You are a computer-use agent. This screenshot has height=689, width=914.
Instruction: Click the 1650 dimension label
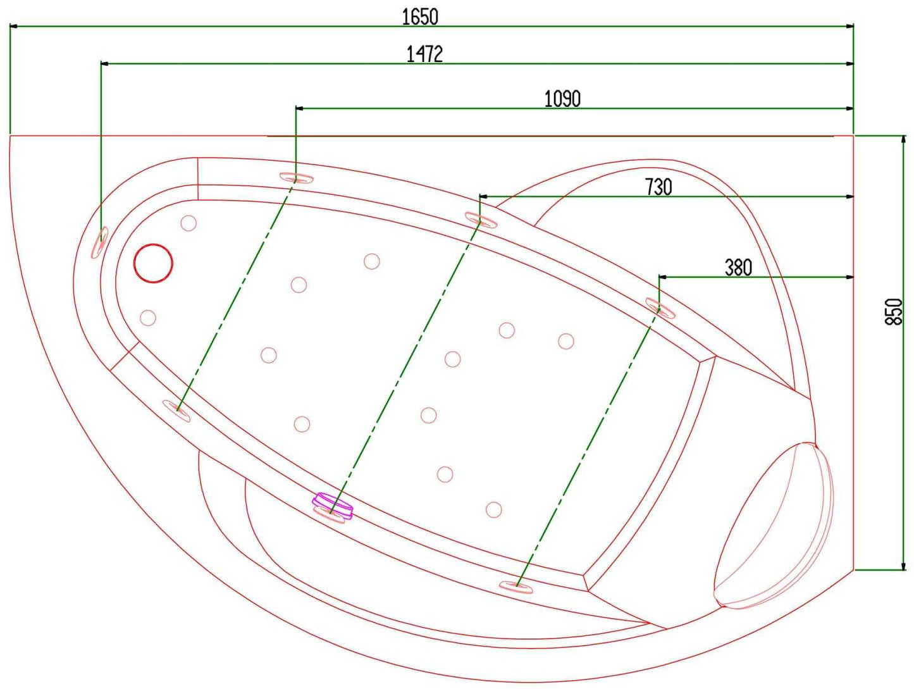(420, 17)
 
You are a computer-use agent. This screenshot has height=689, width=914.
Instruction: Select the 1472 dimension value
(424, 54)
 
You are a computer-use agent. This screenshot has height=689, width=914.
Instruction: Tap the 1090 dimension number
(562, 99)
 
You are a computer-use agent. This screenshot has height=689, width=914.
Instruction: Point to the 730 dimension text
(658, 187)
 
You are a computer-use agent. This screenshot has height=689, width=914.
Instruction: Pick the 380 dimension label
(738, 268)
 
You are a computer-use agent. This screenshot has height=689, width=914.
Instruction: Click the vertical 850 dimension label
(894, 311)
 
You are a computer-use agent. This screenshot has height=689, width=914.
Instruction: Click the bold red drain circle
(153, 263)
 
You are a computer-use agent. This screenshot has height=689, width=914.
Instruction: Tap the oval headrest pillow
(773, 526)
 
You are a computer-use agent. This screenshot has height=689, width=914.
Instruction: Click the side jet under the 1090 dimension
(297, 178)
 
